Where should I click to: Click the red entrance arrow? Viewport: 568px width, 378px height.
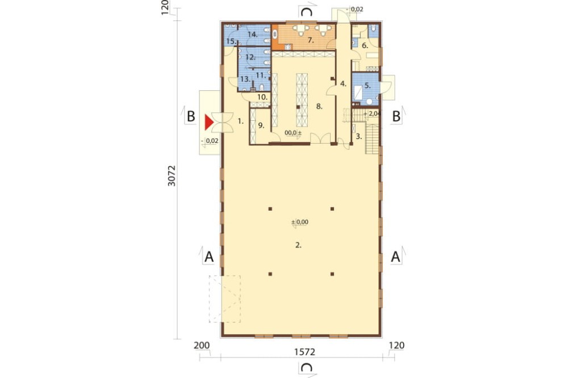tap(208, 123)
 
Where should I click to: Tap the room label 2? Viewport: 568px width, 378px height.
tap(298, 245)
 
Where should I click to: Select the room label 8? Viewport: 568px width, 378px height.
tap(319, 107)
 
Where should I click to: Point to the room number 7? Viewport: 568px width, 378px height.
tap(311, 40)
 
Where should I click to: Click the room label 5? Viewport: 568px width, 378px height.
tap(367, 86)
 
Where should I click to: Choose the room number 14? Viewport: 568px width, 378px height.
tap(253, 35)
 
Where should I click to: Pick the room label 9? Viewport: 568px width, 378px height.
tap(261, 125)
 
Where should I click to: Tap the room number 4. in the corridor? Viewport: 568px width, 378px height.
tap(344, 83)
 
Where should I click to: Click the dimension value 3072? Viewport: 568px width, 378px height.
tap(172, 175)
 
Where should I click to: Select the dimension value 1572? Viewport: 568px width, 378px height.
tap(304, 351)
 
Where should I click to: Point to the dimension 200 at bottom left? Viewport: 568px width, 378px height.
tap(202, 346)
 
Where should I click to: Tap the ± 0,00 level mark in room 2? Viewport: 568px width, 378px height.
tap(300, 222)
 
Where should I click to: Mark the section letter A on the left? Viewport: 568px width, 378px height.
tap(209, 257)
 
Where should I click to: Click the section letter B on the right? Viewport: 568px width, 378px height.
tap(396, 116)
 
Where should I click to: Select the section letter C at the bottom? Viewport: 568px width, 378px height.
tap(307, 368)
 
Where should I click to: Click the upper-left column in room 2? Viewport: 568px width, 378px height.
tap(270, 208)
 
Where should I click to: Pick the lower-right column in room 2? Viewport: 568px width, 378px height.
tap(332, 274)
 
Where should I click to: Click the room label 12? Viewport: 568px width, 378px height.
tap(250, 57)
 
